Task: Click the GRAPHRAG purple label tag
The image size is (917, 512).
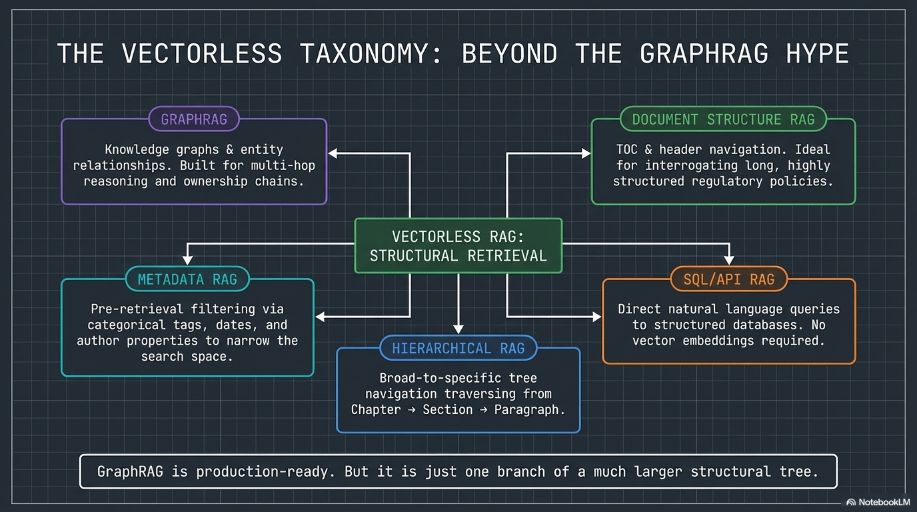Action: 194,120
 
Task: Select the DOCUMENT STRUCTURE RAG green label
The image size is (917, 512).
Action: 723,120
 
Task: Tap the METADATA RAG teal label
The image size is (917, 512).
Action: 187,279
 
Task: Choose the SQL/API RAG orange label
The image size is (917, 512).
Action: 728,279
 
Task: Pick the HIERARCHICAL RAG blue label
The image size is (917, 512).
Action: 458,348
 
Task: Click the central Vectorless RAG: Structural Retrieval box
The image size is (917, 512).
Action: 458,246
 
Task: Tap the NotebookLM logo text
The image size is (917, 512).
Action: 884,502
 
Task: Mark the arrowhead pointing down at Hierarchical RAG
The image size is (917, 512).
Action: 458,328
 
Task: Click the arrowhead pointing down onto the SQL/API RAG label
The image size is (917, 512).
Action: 730,259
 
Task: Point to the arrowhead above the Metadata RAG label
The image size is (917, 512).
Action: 188,259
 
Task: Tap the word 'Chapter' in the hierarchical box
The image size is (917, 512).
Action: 376,409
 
